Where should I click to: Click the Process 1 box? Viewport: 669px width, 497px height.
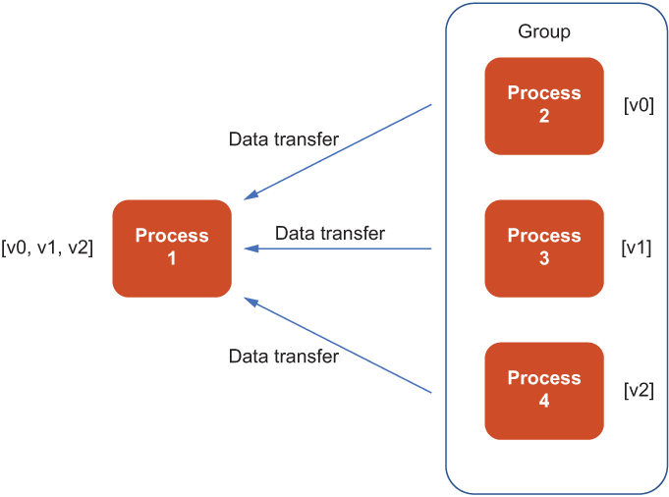point(172,248)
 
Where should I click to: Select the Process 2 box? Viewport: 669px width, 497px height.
point(544,106)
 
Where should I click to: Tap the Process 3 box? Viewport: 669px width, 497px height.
point(544,248)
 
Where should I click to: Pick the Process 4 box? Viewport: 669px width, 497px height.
point(544,391)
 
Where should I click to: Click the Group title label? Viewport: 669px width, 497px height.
point(544,32)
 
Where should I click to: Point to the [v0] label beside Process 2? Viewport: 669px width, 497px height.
point(639,105)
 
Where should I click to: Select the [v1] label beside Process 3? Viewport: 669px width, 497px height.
point(637,248)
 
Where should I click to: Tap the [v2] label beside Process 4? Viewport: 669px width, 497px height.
point(639,390)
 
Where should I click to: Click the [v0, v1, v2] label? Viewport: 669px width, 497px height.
point(47,248)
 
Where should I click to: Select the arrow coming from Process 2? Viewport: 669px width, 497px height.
point(338,152)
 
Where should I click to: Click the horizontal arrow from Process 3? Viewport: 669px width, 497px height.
point(338,248)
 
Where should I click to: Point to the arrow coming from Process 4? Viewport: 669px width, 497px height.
point(338,345)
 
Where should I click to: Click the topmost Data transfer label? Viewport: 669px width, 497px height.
point(284,139)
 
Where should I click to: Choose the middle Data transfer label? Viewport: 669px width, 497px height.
point(330,234)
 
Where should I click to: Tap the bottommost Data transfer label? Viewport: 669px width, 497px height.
point(284,357)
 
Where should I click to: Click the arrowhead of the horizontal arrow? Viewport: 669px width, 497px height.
point(251,248)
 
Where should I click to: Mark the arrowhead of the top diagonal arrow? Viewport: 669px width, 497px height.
point(251,195)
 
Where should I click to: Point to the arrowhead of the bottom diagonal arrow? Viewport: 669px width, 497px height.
point(251,302)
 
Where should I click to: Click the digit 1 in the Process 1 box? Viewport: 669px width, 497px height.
point(172,258)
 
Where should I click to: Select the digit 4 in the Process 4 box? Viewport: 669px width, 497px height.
point(544,401)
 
